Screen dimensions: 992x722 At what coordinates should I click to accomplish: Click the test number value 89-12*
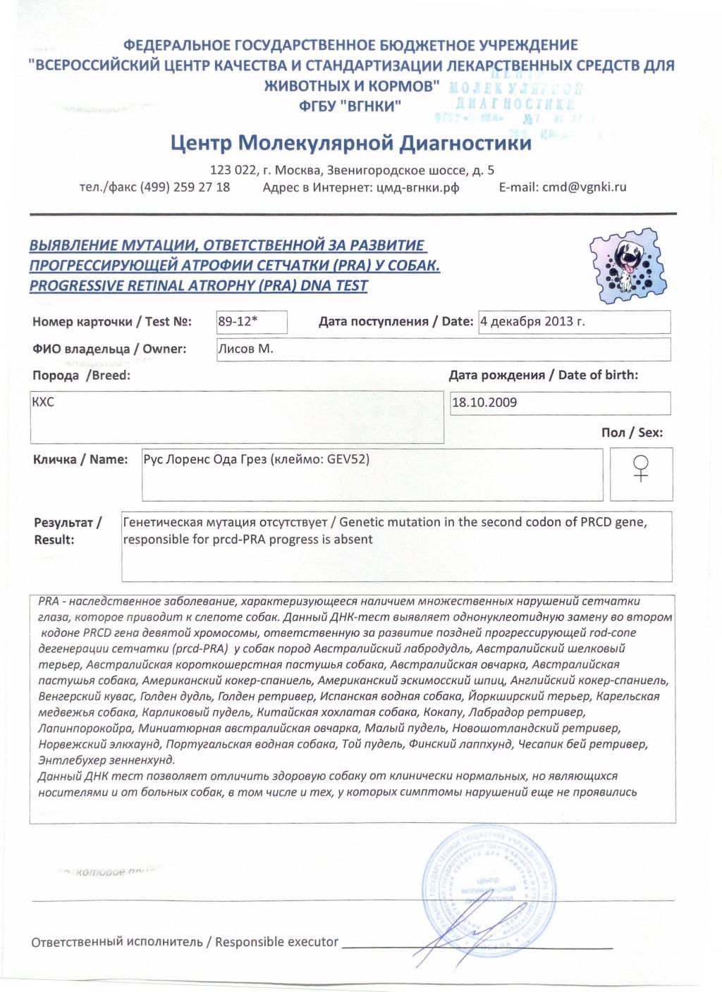tap(238, 321)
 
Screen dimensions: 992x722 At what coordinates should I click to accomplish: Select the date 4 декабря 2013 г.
tap(532, 321)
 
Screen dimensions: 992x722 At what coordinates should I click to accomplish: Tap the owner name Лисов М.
tap(245, 348)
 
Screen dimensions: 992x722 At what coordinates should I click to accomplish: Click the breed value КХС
tap(43, 402)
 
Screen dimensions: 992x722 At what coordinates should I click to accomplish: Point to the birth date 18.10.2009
tap(484, 402)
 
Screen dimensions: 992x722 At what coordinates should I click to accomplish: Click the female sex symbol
tap(640, 468)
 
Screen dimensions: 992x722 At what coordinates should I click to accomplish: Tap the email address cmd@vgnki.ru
tap(584, 187)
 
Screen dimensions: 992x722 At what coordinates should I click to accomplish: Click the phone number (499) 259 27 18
tap(185, 187)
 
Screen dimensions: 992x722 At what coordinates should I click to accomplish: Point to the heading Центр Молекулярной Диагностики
tap(351, 143)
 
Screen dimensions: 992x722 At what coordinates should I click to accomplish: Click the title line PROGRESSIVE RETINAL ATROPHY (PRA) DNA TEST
tap(198, 285)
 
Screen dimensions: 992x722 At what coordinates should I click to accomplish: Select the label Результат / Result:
tap(67, 531)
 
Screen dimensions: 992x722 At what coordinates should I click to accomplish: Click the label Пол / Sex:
tap(632, 433)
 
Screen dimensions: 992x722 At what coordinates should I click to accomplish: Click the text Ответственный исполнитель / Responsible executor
tap(185, 942)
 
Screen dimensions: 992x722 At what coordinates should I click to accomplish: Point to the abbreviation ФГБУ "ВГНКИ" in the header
tap(350, 106)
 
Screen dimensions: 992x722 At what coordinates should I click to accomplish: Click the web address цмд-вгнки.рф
tap(417, 187)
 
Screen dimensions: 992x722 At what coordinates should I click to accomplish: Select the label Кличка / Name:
tap(80, 459)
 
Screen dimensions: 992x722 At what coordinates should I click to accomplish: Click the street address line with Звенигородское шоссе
tap(352, 170)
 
